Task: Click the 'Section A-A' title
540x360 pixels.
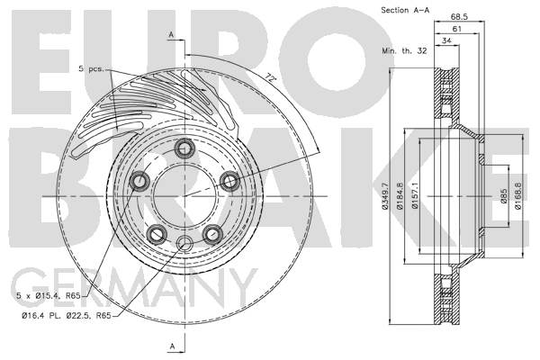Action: pyautogui.click(x=405, y=10)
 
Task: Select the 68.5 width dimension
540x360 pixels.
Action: pyautogui.click(x=459, y=16)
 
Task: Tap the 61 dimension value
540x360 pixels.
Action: pyautogui.click(x=456, y=29)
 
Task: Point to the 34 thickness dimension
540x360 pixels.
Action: pyautogui.click(x=446, y=40)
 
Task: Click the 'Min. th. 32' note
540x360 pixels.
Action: pyautogui.click(x=404, y=50)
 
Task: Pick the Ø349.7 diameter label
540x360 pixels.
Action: pyautogui.click(x=385, y=195)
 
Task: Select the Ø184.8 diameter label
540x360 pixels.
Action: pyautogui.click(x=400, y=195)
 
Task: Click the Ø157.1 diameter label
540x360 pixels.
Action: pyautogui.click(x=415, y=195)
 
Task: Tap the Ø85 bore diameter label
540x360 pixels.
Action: pyautogui.click(x=503, y=196)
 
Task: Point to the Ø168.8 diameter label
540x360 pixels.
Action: pyautogui.click(x=518, y=195)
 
